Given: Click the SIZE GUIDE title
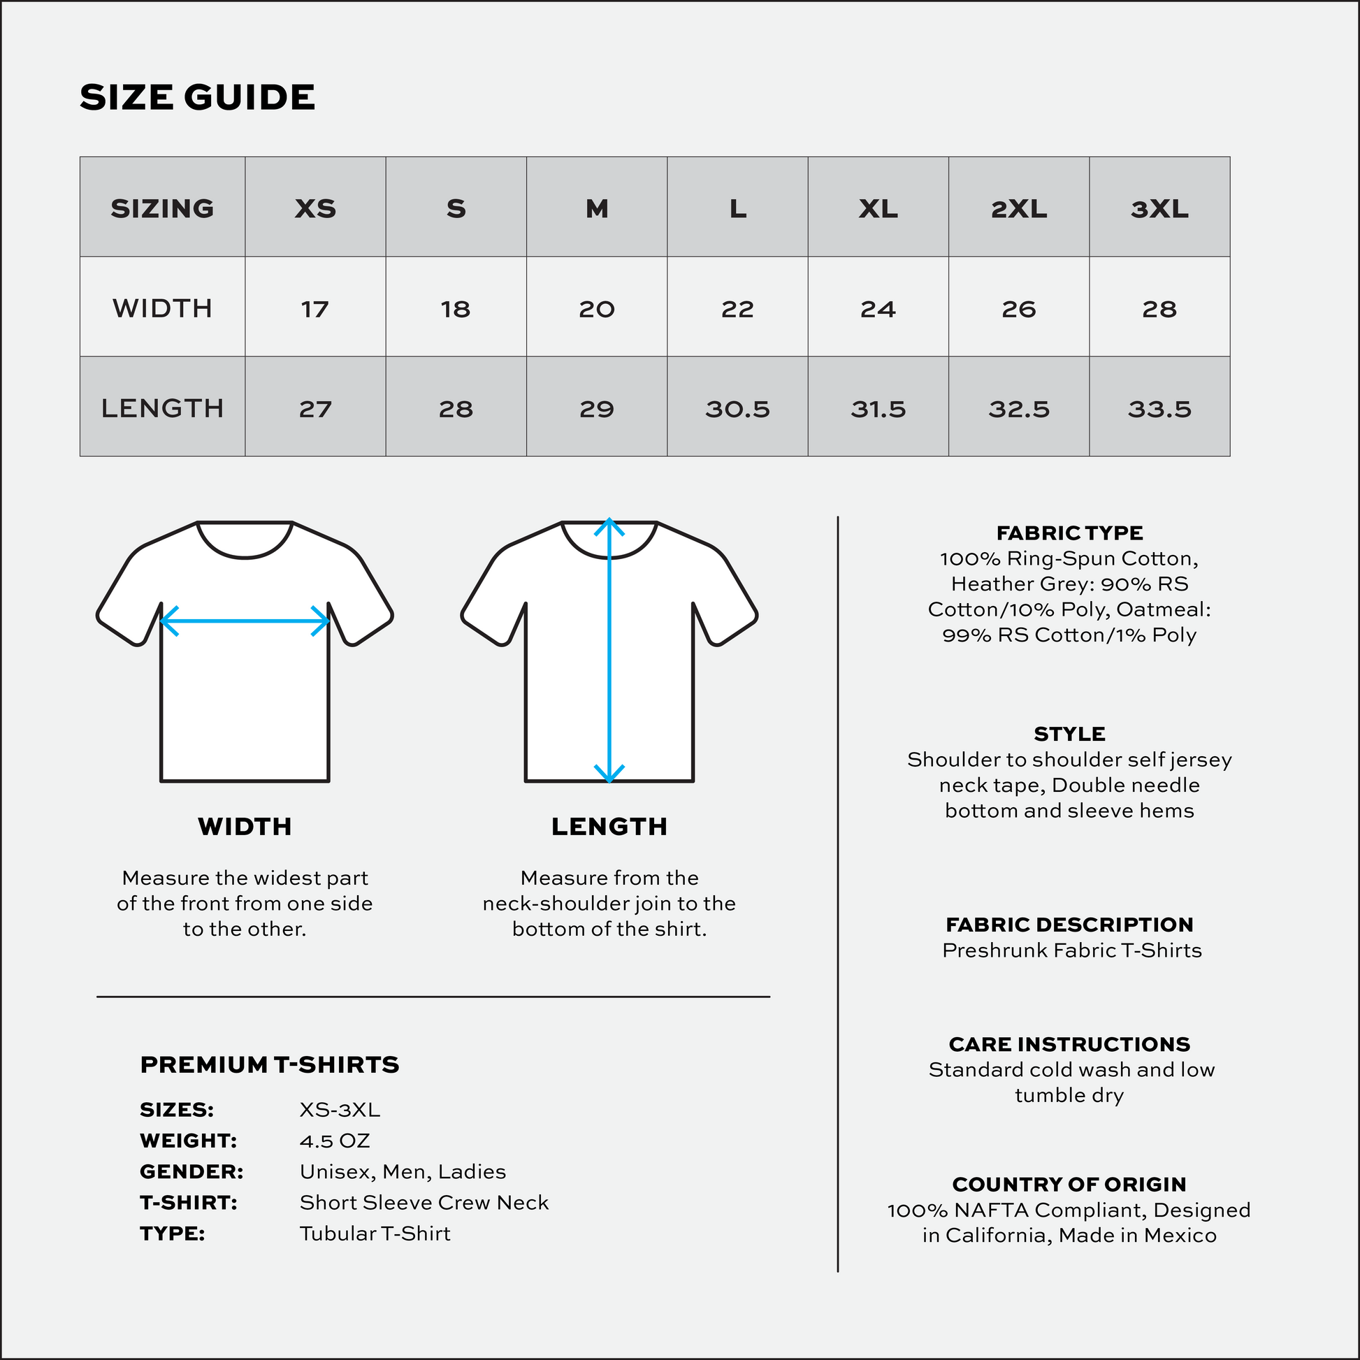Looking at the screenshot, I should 197,97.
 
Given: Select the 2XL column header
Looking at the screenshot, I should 1018,208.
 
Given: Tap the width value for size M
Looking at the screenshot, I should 596,309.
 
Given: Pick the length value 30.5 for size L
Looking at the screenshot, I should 737,409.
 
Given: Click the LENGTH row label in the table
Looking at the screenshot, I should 163,408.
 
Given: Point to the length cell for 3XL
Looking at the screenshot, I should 1159,409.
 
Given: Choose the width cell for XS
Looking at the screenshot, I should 314,309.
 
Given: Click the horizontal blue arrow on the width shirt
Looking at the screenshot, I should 245,621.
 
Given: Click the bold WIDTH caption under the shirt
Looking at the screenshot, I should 245,827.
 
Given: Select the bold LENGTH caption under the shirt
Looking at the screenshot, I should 609,827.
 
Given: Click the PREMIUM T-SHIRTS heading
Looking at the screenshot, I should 270,1065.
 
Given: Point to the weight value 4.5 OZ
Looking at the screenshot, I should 334,1141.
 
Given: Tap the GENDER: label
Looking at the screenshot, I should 191,1172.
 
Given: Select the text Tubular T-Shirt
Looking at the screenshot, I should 375,1234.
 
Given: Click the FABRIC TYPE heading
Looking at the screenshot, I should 1069,533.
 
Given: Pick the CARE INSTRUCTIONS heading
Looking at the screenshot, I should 1069,1044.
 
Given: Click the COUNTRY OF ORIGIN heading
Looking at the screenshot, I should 1069,1184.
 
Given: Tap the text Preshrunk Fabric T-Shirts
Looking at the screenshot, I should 1071,950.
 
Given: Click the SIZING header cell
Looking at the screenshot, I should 163,208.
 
